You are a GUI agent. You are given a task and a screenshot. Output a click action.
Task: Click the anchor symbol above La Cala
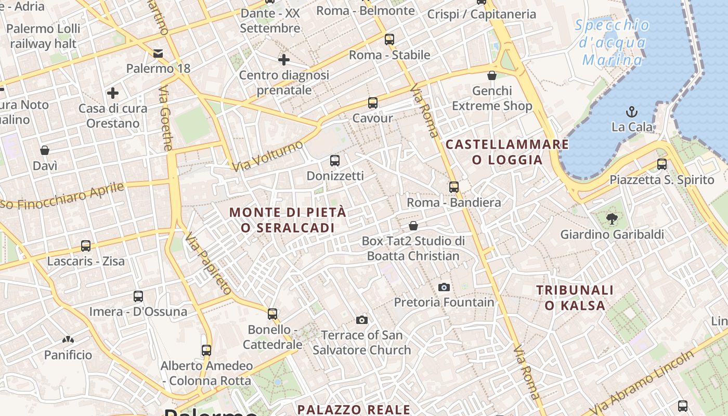point(632,112)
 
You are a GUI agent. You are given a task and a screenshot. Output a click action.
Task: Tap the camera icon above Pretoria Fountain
point(444,287)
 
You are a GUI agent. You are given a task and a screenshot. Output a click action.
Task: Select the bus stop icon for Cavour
point(372,103)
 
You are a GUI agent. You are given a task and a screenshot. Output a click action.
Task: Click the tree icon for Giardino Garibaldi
point(612,219)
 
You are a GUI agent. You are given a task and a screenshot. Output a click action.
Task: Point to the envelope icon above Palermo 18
point(158,53)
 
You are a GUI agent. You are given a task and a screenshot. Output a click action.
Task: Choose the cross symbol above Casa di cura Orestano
point(112,94)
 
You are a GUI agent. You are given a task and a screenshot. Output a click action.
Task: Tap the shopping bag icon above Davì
point(45,151)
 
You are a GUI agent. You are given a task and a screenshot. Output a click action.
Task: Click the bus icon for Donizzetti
point(335,161)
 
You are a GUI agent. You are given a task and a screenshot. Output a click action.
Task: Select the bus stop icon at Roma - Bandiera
point(454,187)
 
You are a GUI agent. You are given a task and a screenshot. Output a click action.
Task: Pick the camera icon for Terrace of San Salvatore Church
point(362,320)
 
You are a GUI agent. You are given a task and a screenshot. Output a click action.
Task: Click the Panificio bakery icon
point(68,340)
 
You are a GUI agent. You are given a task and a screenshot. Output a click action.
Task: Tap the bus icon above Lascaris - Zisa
point(86,246)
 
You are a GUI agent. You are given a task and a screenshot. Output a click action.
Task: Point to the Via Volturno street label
point(268,156)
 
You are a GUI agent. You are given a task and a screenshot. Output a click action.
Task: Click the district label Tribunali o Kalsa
point(575,297)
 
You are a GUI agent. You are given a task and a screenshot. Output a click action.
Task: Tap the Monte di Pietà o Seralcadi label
point(288,220)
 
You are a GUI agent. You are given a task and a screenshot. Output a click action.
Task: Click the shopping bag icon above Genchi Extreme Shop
point(492,76)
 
